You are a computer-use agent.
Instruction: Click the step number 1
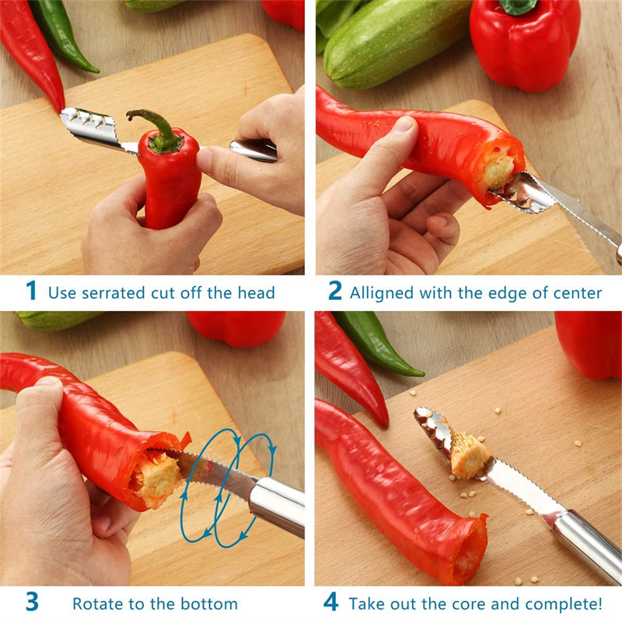tap(31, 292)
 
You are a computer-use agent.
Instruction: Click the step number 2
tap(334, 292)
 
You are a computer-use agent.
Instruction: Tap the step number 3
tap(31, 602)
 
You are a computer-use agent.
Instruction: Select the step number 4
tap(332, 603)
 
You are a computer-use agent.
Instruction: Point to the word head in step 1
tap(257, 293)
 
